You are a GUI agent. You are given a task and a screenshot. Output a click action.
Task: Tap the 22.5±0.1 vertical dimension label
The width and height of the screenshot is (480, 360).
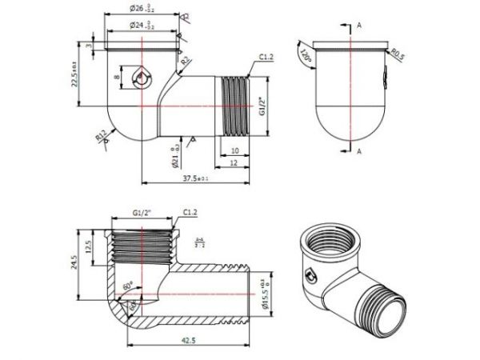(76, 76)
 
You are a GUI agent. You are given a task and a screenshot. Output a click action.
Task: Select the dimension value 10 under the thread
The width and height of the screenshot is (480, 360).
(234, 150)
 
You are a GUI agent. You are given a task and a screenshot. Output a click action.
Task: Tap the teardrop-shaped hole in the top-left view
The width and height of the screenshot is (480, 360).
(141, 78)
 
